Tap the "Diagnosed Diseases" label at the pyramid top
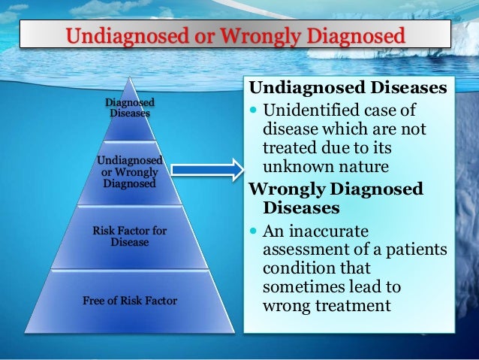(x=130, y=107)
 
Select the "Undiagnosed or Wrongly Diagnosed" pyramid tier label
(x=129, y=171)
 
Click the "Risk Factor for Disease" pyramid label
(x=129, y=236)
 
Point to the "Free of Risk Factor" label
(x=129, y=301)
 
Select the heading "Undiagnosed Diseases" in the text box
(x=348, y=89)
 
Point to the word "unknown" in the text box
(x=294, y=165)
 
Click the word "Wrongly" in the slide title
(x=252, y=35)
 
